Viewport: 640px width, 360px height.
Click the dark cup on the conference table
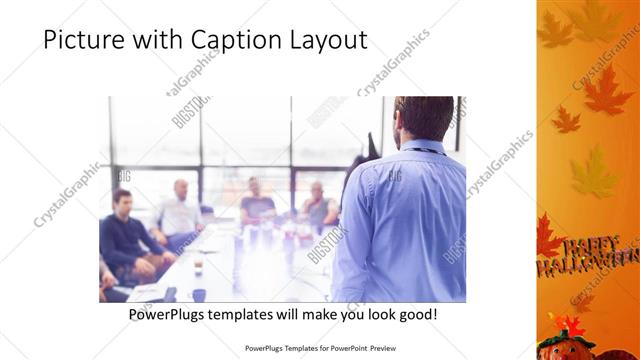pyautogui.click(x=199, y=293)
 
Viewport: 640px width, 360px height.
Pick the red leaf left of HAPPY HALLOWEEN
pyautogui.click(x=547, y=238)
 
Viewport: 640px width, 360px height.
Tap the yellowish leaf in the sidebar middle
pyautogui.click(x=593, y=172)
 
